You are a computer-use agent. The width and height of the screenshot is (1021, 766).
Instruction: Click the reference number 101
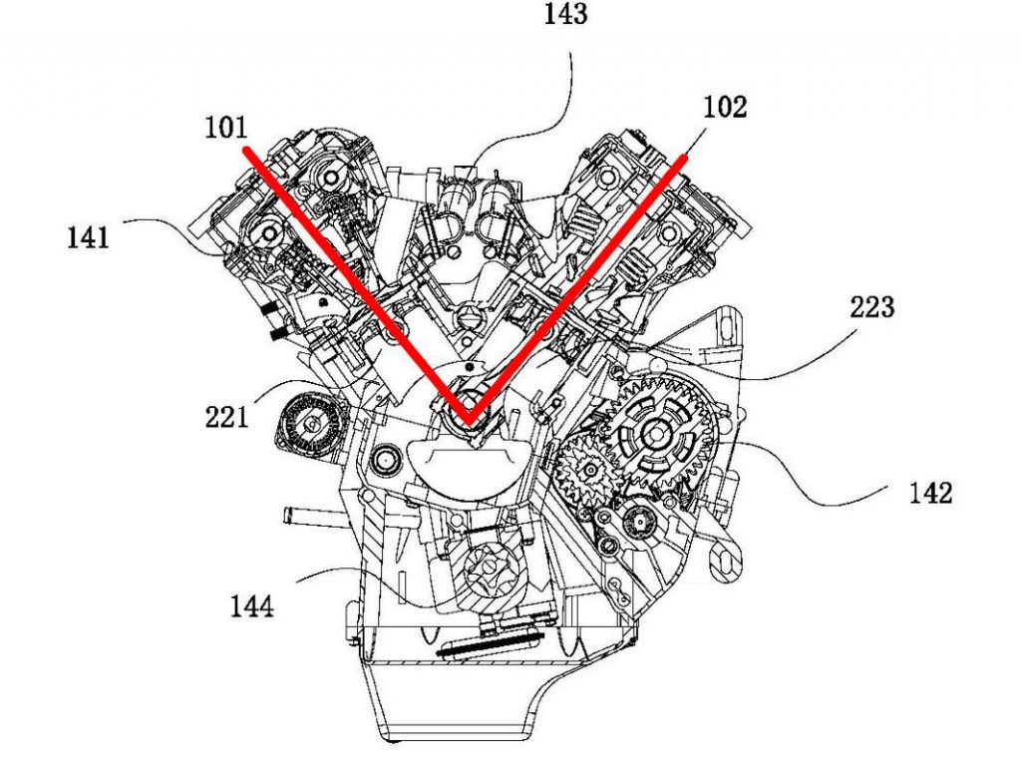point(226,128)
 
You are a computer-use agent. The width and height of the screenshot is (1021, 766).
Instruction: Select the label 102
point(725,108)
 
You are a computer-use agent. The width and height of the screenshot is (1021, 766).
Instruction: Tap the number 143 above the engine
point(565,15)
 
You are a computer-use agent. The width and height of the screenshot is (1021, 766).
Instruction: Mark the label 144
point(251,605)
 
